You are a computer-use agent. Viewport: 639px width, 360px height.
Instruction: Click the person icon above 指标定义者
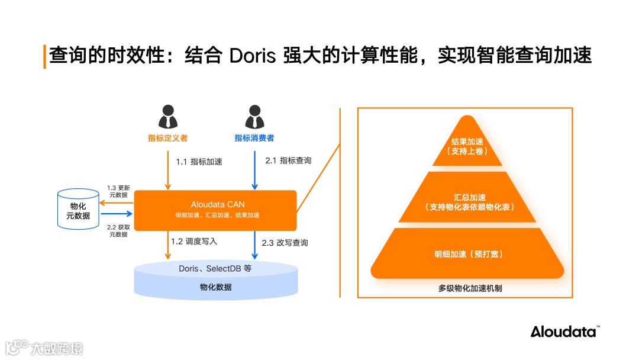168,117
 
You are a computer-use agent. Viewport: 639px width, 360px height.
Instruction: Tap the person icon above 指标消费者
254,117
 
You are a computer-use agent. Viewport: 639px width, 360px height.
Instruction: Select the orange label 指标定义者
168,139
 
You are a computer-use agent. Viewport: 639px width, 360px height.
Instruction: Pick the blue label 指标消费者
254,139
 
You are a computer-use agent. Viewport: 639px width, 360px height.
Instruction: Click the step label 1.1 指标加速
199,162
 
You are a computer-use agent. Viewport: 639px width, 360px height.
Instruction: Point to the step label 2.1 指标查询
288,160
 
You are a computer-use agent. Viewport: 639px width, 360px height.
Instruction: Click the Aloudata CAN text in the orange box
218,204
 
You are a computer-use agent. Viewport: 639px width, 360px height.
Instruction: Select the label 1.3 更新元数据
118,190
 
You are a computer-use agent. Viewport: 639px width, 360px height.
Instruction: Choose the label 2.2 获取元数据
118,231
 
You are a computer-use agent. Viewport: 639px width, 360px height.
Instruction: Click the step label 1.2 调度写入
194,242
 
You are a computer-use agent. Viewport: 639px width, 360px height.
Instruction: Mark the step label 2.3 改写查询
285,243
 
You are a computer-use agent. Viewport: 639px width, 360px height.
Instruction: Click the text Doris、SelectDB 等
215,269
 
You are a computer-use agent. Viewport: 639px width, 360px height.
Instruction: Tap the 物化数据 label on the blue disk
215,287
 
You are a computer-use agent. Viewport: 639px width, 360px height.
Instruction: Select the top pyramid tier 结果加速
467,146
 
